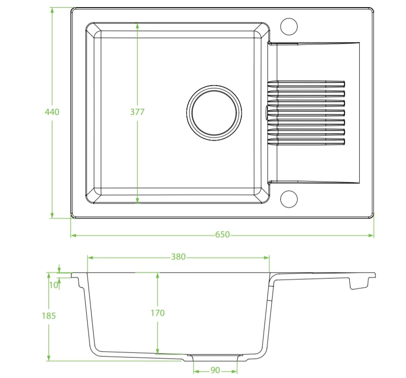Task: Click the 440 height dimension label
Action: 52,112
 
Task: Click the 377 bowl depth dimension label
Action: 137,112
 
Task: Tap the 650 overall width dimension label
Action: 222,235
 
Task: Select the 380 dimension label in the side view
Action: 178,257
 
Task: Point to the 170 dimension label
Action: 158,313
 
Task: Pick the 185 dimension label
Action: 48,316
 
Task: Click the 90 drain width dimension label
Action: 215,369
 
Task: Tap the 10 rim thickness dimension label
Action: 53,284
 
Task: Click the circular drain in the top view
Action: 214,112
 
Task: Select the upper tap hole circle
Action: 289,25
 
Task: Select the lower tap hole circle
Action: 289,199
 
